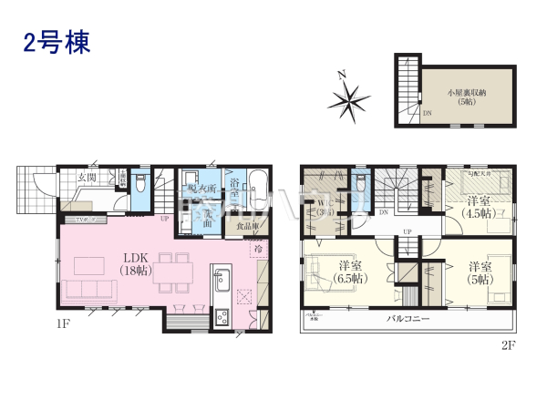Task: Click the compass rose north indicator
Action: pyautogui.click(x=353, y=97)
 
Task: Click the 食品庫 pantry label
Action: pyautogui.click(x=247, y=225)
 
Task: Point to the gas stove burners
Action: pyautogui.click(x=221, y=318)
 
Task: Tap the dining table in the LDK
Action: pyautogui.click(x=172, y=271)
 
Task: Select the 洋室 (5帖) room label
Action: pyautogui.click(x=482, y=272)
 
